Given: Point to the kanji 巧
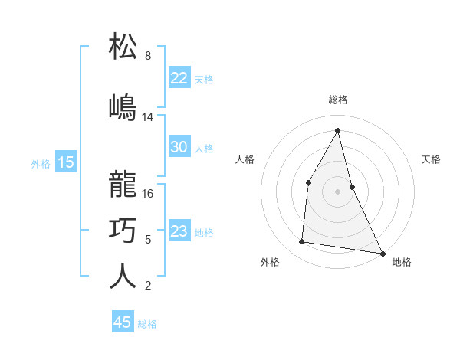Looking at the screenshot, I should click(x=123, y=231).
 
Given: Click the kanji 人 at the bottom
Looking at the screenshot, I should click(x=123, y=277).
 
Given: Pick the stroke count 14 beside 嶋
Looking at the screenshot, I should click(x=148, y=117).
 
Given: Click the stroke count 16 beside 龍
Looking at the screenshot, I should click(x=148, y=194).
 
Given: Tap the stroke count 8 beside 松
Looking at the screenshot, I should click(x=148, y=56).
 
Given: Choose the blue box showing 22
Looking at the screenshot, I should click(x=179, y=78).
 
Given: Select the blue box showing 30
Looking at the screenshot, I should click(x=179, y=147).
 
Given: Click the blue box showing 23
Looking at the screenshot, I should click(x=179, y=231).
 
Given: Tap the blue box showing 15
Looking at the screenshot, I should click(x=65, y=162).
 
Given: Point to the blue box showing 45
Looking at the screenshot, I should click(x=123, y=322).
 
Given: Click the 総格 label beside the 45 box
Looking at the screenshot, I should click(x=147, y=324).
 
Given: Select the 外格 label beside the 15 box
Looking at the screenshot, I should click(x=41, y=163).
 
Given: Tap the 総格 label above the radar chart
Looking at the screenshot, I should click(x=338, y=100).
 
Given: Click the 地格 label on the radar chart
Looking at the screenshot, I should click(x=402, y=262).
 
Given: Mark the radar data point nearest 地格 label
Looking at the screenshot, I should click(x=383, y=252).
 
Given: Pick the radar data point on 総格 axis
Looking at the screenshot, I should click(x=338, y=130).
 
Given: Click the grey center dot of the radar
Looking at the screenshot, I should click(x=338, y=191).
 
